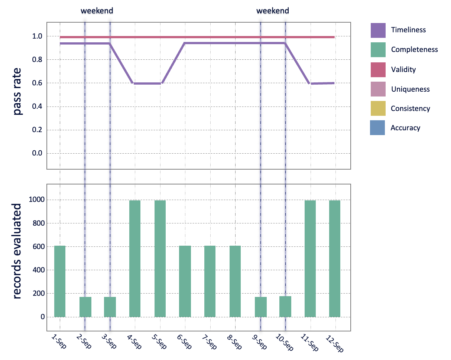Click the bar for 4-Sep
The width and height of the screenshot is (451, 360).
coord(135,259)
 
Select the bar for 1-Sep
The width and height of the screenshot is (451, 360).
coord(60,281)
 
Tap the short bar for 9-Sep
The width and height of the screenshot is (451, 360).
coord(260,307)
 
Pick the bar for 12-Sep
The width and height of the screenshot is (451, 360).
coord(335,259)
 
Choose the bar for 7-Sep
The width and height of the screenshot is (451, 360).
coord(210,281)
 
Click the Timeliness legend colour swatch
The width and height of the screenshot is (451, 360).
coord(378,30)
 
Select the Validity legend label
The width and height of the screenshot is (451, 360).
coord(403,69)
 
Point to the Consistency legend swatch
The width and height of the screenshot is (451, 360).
coord(378,109)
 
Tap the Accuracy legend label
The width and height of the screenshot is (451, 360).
coord(405,128)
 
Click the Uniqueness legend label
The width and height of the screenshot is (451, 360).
coord(410,89)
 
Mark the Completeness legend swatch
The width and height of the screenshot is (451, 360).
coord(378,50)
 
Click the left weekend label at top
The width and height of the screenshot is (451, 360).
coord(97,11)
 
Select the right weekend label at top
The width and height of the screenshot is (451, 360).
coord(273,11)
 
